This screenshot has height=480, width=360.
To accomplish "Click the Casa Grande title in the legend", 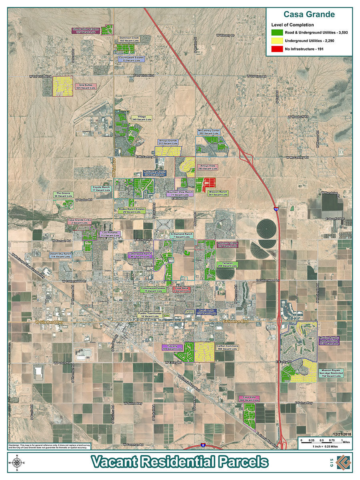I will [x=309, y=15].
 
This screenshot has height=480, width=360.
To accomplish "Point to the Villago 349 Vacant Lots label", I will [x=142, y=118].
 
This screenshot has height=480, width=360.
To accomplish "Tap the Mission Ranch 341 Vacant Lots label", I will [x=218, y=193].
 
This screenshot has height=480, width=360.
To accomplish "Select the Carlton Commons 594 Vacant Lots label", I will [x=227, y=347].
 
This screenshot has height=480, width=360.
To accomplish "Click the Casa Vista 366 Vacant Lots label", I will [x=249, y=398].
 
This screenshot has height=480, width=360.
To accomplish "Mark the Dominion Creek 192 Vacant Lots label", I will [x=129, y=40].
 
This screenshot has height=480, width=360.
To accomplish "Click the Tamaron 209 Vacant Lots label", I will [x=227, y=264].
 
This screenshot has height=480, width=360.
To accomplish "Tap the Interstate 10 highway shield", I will [x=276, y=209].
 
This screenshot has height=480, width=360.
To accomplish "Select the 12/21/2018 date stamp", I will [x=340, y=434].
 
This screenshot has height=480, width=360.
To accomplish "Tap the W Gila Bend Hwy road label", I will [x=49, y=322].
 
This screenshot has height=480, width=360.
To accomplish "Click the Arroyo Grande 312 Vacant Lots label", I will [x=168, y=142].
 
